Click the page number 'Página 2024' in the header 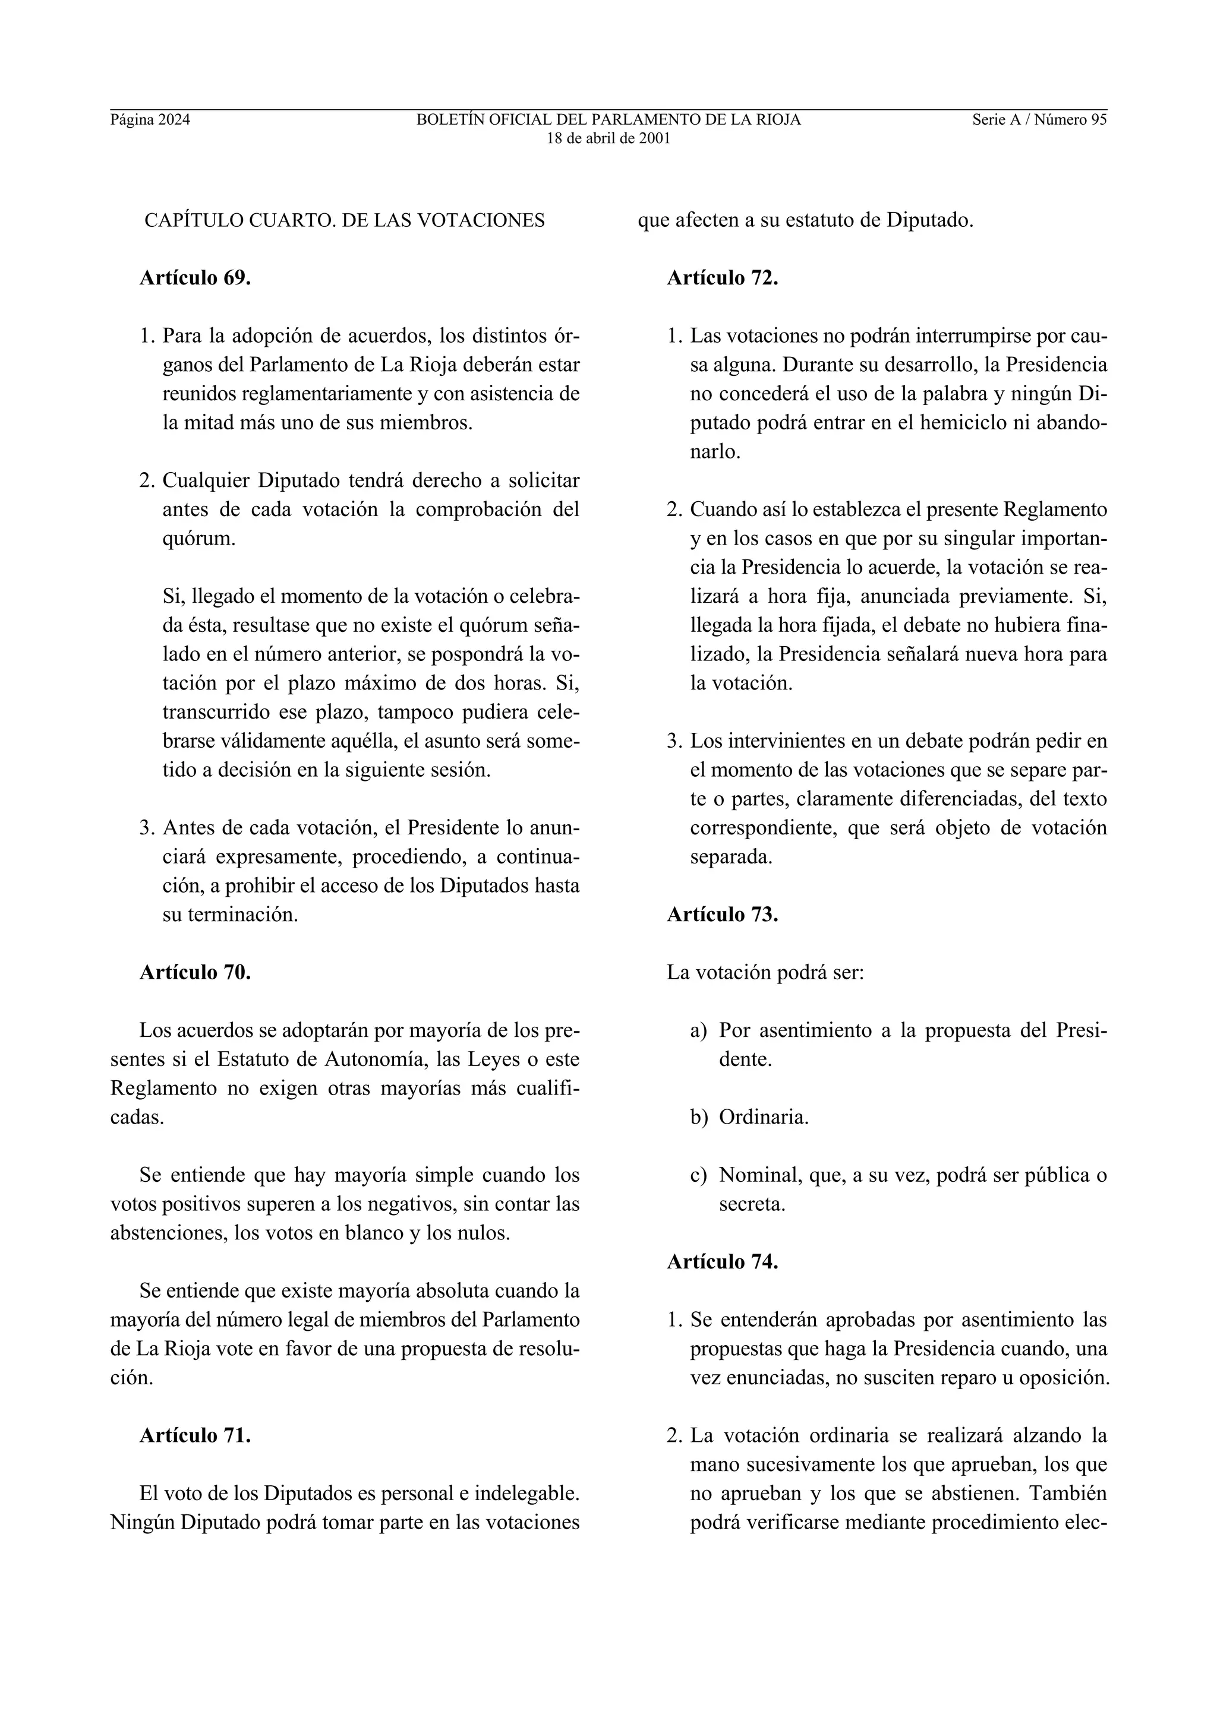(150, 119)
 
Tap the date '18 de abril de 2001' (608, 139)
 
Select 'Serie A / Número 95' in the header (1039, 119)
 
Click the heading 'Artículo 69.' (195, 278)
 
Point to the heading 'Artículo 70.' (195, 973)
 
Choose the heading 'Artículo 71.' (195, 1435)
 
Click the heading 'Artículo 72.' (722, 278)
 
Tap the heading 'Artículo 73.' (722, 915)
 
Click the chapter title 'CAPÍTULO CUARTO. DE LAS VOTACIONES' (344, 220)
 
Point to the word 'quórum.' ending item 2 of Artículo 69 (198, 538)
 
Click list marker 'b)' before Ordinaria (698, 1118)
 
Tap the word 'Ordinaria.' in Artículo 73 (764, 1118)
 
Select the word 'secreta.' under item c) (752, 1204)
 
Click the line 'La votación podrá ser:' (765, 973)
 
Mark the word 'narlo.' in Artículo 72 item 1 (715, 452)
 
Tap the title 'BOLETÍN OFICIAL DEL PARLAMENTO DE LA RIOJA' (608, 119)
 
